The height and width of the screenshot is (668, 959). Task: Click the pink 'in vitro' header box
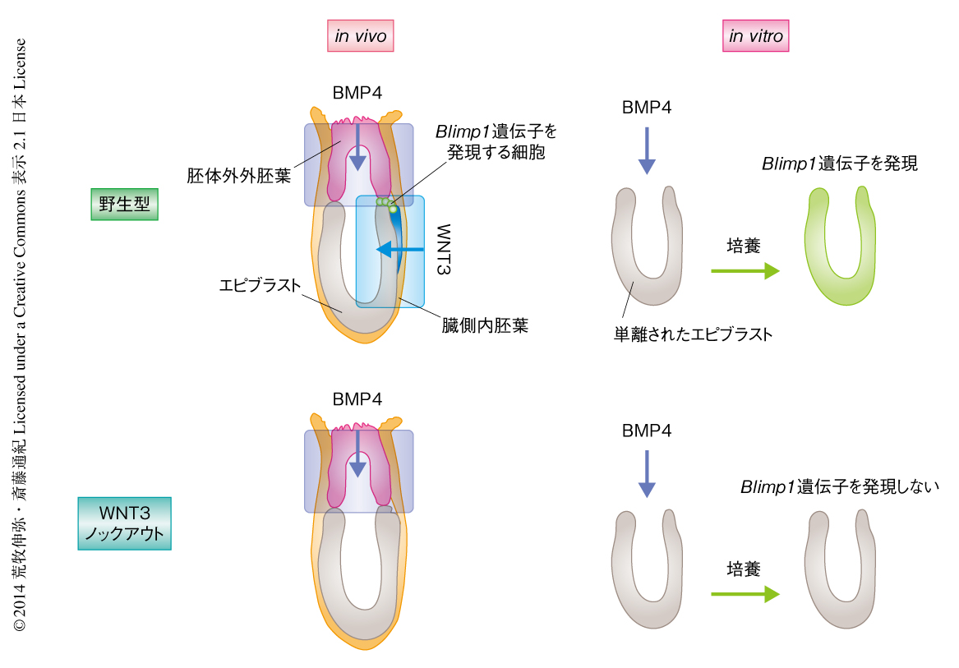tap(756, 36)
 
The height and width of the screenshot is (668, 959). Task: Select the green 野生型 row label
tap(123, 205)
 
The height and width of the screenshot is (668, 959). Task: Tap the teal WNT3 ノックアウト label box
tap(124, 523)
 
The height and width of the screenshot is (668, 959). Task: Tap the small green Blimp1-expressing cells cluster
tap(387, 203)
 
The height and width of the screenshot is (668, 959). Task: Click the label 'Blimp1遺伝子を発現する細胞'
tap(496, 141)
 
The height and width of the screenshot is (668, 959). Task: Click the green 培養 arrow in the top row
tap(745, 271)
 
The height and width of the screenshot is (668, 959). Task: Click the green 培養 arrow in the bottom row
tap(745, 594)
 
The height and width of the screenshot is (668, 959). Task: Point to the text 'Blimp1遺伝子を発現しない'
tap(839, 486)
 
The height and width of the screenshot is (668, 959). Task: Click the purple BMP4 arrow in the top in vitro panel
tap(647, 150)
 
